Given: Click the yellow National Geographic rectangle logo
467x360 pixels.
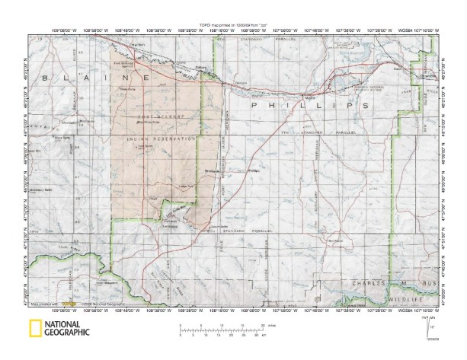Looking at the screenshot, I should [35, 329].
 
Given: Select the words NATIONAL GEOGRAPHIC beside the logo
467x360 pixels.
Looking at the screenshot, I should [67, 329].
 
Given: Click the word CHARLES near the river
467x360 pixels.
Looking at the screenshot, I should [367, 282].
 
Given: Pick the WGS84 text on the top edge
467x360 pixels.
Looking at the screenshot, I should [391, 31].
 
